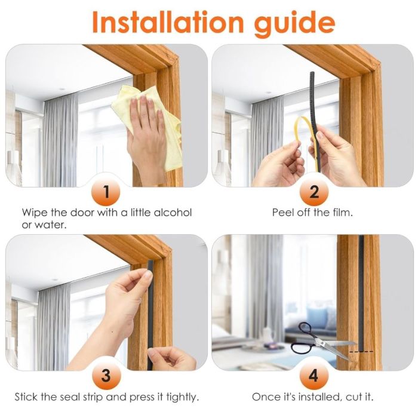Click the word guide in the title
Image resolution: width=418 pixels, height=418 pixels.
[295, 24]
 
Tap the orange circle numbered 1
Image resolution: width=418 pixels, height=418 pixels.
[106, 192]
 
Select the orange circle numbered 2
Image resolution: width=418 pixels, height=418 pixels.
[314, 192]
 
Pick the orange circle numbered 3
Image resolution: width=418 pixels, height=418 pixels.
[106, 376]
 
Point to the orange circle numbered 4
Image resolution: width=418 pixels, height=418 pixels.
[314, 376]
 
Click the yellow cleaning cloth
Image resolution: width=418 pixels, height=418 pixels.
[149, 125]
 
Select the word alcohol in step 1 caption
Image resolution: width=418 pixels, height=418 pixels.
[173, 213]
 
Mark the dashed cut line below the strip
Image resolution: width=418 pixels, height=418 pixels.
[361, 352]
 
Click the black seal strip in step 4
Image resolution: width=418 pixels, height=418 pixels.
[361, 293]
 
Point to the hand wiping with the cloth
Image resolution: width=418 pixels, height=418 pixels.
[146, 139]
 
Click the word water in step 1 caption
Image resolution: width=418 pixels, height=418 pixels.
[50, 225]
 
